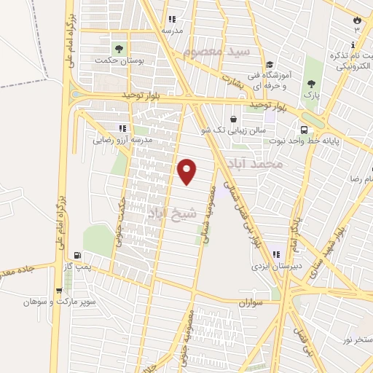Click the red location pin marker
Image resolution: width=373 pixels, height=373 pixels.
[187, 171]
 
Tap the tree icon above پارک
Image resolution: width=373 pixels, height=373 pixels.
[313, 85]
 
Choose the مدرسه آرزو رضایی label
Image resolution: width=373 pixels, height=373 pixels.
[122, 138]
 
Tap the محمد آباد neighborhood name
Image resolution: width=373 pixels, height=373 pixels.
[254, 165]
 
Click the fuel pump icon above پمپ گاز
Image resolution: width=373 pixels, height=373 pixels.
[78, 255]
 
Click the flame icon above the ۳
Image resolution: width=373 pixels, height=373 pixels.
[357, 20]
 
